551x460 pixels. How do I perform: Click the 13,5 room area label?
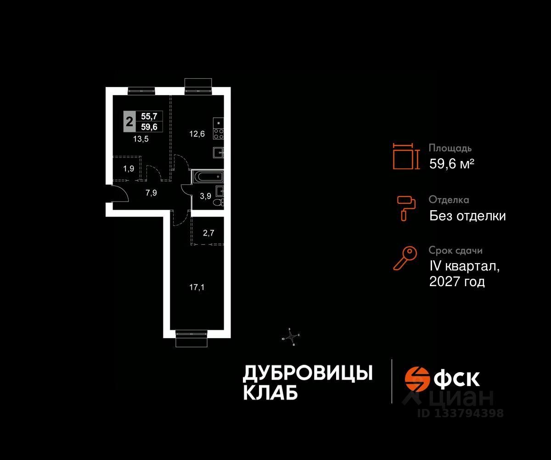pos(141,138)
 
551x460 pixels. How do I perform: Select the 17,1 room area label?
pos(197,287)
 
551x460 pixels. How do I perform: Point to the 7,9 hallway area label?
pos(151,193)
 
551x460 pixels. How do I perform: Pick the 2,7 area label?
pos(208,233)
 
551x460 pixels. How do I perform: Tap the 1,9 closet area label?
pos(129,168)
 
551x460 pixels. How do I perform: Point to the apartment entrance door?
pos(118,194)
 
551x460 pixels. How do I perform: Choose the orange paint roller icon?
pos(406,207)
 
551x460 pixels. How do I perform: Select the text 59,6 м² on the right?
pos(451,163)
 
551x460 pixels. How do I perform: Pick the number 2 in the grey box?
pos(129,122)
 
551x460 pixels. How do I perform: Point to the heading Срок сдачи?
pos(455,251)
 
